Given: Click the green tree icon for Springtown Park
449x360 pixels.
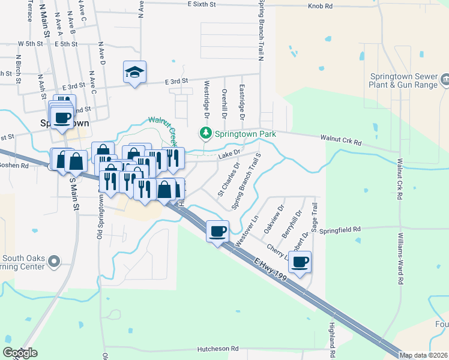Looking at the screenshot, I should click(206, 133).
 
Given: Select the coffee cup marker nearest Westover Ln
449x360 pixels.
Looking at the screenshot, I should click(217, 231).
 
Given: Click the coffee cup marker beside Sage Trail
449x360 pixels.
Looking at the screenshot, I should click(300, 262).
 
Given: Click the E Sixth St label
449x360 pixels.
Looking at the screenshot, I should click(203, 4).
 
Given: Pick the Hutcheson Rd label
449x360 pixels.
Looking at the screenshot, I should click(218, 349).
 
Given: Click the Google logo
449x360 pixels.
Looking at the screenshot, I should click(20, 353).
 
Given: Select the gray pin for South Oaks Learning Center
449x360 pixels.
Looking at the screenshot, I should click(54, 261).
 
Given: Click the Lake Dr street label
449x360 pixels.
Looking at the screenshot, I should click(229, 155).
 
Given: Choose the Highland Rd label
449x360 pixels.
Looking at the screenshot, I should click(331, 334).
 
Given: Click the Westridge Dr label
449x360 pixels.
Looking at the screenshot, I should click(206, 98).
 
